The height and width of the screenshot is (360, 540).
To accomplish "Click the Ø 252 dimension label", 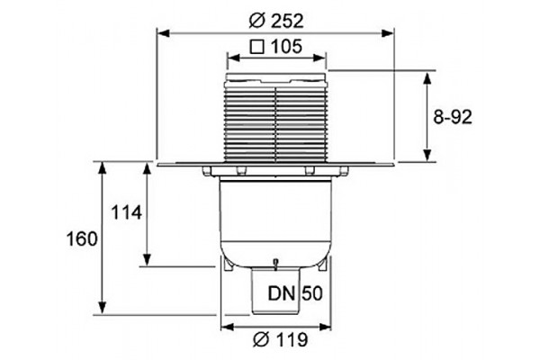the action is tap(276, 21).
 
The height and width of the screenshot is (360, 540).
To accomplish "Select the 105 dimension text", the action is tap(286, 46).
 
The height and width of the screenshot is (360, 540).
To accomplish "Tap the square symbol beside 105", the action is tap(257, 47).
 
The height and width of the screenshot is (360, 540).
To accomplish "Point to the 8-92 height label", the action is tap(452, 117).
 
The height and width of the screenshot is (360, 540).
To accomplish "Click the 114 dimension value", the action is tap(126, 212).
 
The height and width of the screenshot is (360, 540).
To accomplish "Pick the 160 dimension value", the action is tap(82, 238).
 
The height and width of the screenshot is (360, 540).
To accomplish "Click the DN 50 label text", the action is tap(295, 294).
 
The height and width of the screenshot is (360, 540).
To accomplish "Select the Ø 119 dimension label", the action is tap(280, 340).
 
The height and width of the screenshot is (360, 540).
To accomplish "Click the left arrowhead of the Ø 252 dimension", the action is tap(163, 33).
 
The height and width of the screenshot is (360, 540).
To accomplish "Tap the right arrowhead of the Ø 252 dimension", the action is tap(387, 33).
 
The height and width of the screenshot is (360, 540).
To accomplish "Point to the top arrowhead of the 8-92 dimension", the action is tap(427, 78).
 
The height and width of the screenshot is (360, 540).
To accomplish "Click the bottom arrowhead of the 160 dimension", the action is tap(102, 308).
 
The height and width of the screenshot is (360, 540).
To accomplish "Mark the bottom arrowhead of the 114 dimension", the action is tap(147, 259).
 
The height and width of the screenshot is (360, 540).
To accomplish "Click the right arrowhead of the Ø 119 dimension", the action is tap(325, 327).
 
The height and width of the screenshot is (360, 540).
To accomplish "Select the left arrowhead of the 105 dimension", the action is tap(233, 58).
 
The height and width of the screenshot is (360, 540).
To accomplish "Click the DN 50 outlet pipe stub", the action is tap(275, 291).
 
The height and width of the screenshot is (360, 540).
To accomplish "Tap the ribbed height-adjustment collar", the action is tap(276, 124).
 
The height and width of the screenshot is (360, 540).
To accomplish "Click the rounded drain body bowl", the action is tap(276, 224).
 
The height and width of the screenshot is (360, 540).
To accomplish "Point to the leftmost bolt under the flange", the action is tap(207, 170).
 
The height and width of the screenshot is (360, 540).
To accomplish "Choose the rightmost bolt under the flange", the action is tap(344, 170).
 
